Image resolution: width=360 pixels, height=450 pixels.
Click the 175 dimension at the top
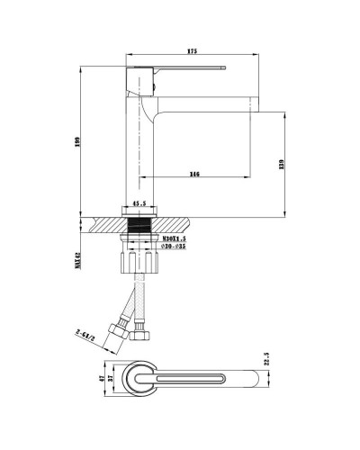click(192, 50)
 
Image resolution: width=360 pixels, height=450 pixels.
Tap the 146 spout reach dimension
click(193, 174)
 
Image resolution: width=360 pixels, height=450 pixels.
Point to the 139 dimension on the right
click(283, 164)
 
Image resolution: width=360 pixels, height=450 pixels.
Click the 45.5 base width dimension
click(139, 204)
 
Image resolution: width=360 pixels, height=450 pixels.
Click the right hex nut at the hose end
click(141, 339)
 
